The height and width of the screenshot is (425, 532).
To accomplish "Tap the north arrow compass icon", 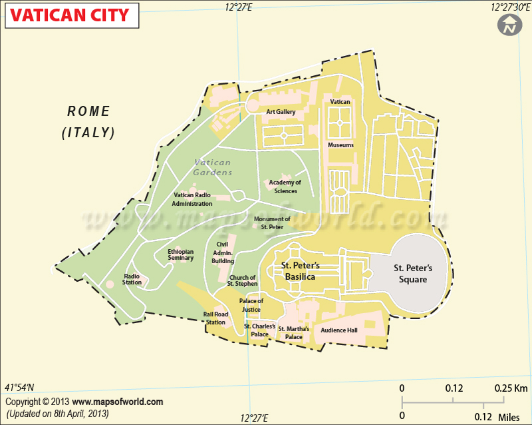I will pyautogui.click(x=509, y=26).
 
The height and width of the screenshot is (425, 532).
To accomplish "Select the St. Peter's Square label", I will pyautogui.click(x=413, y=274).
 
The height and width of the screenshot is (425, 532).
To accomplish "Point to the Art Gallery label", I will pyautogui.click(x=281, y=112).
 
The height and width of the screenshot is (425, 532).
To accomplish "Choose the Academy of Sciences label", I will pyautogui.click(x=285, y=187).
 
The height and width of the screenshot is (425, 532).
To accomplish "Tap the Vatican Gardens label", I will pyautogui.click(x=213, y=167).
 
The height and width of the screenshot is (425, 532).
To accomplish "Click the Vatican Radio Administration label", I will pyautogui.click(x=192, y=199).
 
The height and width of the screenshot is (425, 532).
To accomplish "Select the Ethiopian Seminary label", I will pyautogui.click(x=181, y=254).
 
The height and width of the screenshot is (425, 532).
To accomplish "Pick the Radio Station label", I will pyautogui.click(x=132, y=279).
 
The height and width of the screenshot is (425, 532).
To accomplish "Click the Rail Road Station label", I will pyautogui.click(x=215, y=318).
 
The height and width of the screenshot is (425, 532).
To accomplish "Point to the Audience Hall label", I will pyautogui.click(x=339, y=330).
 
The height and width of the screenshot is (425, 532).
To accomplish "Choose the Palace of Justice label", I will pyautogui.click(x=251, y=305).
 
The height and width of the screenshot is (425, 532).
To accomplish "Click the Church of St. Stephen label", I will pyautogui.click(x=242, y=280).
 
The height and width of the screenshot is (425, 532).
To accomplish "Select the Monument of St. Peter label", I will pyautogui.click(x=272, y=222).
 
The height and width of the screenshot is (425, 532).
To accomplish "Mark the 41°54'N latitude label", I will pyautogui.click(x=20, y=388).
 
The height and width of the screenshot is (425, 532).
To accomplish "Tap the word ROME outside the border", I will pyautogui.click(x=88, y=111).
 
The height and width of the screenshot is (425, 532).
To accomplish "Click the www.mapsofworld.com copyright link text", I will pyautogui.click(x=117, y=402).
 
